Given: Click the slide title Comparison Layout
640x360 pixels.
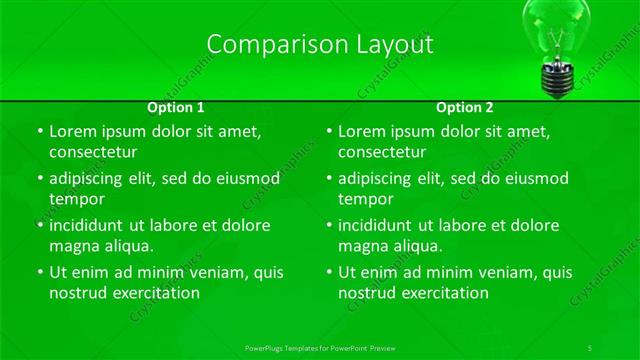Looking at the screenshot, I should coord(320,44).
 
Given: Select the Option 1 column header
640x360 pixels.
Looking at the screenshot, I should coord(176,107).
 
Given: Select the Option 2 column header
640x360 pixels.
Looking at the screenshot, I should coord(465,107).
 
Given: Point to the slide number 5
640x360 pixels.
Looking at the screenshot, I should coord(590,347).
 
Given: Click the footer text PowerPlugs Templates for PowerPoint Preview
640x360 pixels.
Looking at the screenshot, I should coord(320,347).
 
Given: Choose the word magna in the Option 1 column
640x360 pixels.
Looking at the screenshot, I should coord(72,245).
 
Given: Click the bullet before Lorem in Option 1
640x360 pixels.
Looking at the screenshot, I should coord(39,132).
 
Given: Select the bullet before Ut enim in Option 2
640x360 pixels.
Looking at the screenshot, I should coord(328,272).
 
